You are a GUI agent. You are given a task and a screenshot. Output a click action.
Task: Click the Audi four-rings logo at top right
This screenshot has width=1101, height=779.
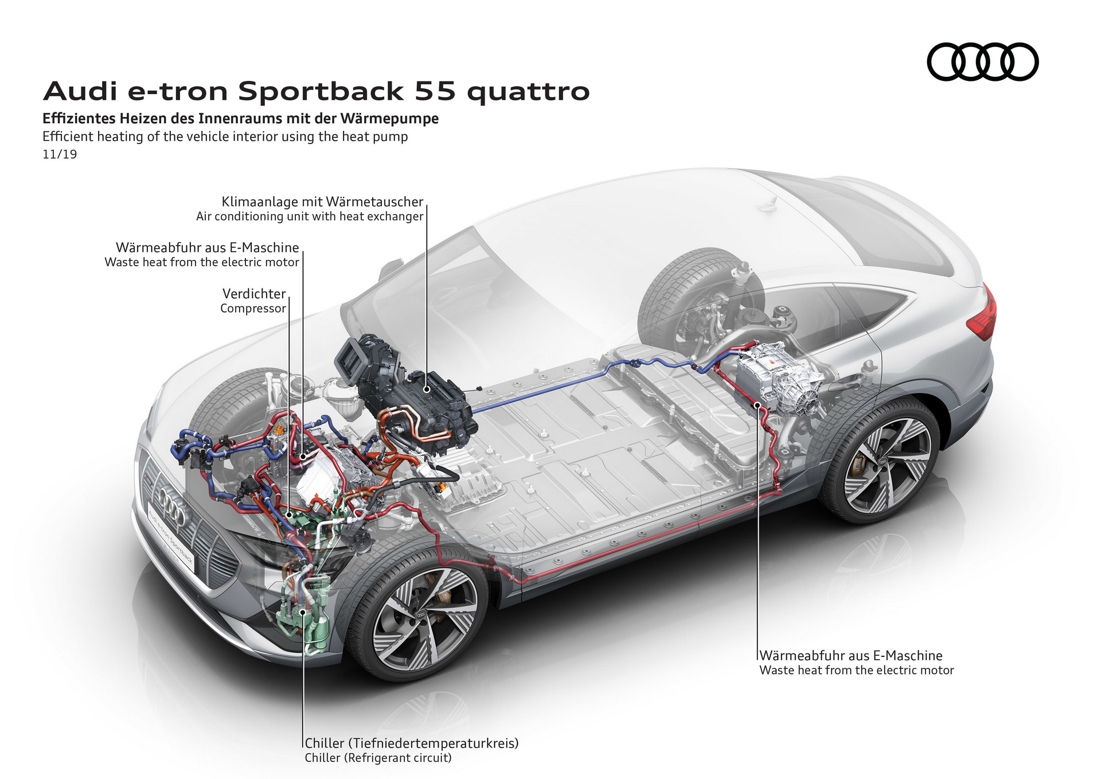point(982,61)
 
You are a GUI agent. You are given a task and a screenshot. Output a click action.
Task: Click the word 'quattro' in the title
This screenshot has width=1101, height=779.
point(528,92)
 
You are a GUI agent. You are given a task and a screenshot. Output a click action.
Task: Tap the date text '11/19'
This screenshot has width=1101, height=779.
point(60,154)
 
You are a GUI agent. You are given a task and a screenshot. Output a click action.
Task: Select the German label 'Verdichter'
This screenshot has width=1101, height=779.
point(253,294)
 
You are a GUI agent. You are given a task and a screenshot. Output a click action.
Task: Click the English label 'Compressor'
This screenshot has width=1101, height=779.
point(252,309)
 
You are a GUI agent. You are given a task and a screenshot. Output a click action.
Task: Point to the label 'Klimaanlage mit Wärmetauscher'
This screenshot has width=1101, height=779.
point(322,202)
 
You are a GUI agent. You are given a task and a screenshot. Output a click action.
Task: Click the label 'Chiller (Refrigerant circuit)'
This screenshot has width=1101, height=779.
point(378,758)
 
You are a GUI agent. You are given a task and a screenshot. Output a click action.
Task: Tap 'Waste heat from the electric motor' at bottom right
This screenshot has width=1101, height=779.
point(856,670)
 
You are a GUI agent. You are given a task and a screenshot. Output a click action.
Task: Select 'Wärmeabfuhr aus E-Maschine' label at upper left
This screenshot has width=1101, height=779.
point(207,247)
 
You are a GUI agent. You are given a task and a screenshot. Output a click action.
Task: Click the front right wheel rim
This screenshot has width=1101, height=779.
point(425,619)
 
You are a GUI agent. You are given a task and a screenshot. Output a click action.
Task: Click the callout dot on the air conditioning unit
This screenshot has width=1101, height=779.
point(427,389)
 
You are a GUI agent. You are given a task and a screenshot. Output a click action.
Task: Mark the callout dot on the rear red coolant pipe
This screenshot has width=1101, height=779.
point(758,405)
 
